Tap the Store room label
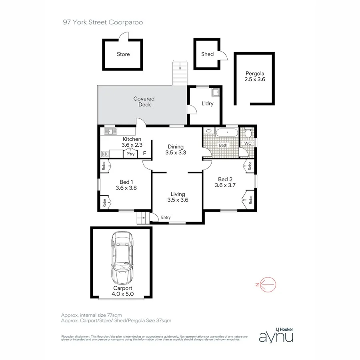coord(123,54)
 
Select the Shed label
coord(207,54)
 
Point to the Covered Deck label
coord(144,102)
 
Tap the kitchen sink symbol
coord(110,131)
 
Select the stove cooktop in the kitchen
coord(105,154)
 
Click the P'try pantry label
coord(130,154)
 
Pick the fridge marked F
coord(144,154)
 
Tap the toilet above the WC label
coord(248,133)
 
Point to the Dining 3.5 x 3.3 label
coord(176,149)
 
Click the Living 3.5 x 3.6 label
coord(178,197)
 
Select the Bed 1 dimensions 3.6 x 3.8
coord(126,187)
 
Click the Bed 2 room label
coord(225,179)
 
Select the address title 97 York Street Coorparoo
coord(103,22)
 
